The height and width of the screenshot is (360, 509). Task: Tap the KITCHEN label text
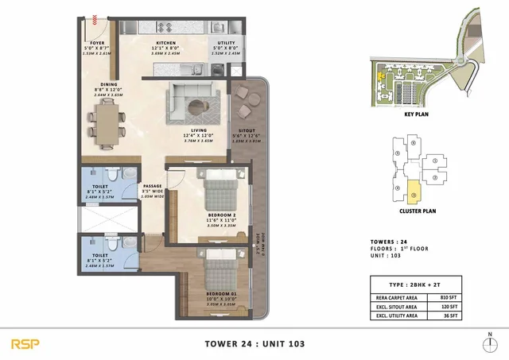click(x=166, y=43)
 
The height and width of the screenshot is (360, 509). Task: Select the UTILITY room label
click(x=226, y=43)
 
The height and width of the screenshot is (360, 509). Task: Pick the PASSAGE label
click(x=152, y=186)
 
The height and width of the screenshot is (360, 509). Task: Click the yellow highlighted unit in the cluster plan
click(x=414, y=191)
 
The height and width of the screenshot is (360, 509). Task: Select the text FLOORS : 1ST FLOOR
click(x=406, y=249)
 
